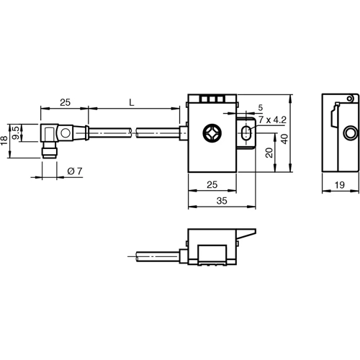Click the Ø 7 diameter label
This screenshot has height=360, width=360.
click(76, 170)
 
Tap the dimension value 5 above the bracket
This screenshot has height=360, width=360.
click(259, 109)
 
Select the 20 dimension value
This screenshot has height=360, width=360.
click(269, 153)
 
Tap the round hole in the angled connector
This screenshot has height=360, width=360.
click(65, 132)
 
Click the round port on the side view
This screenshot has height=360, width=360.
click(350, 133)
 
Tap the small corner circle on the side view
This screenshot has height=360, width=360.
click(350, 98)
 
